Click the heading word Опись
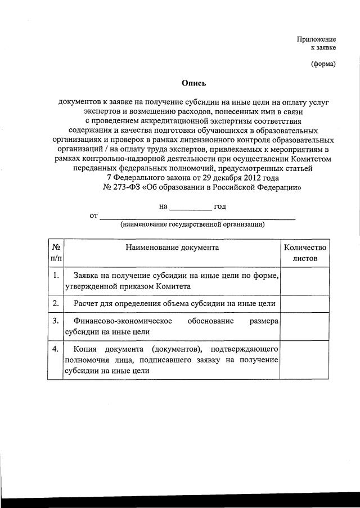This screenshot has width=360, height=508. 194,83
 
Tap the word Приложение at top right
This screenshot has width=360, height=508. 316,39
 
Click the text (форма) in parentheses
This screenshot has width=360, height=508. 323,64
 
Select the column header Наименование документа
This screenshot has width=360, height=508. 172,247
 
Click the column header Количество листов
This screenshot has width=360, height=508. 305,253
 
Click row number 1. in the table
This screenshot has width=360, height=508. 56,275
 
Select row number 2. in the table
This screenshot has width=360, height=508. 56,304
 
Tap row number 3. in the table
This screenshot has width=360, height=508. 56,321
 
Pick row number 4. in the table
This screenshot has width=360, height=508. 56,349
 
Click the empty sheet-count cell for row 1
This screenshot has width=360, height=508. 305,280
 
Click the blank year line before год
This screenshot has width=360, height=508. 191,207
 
